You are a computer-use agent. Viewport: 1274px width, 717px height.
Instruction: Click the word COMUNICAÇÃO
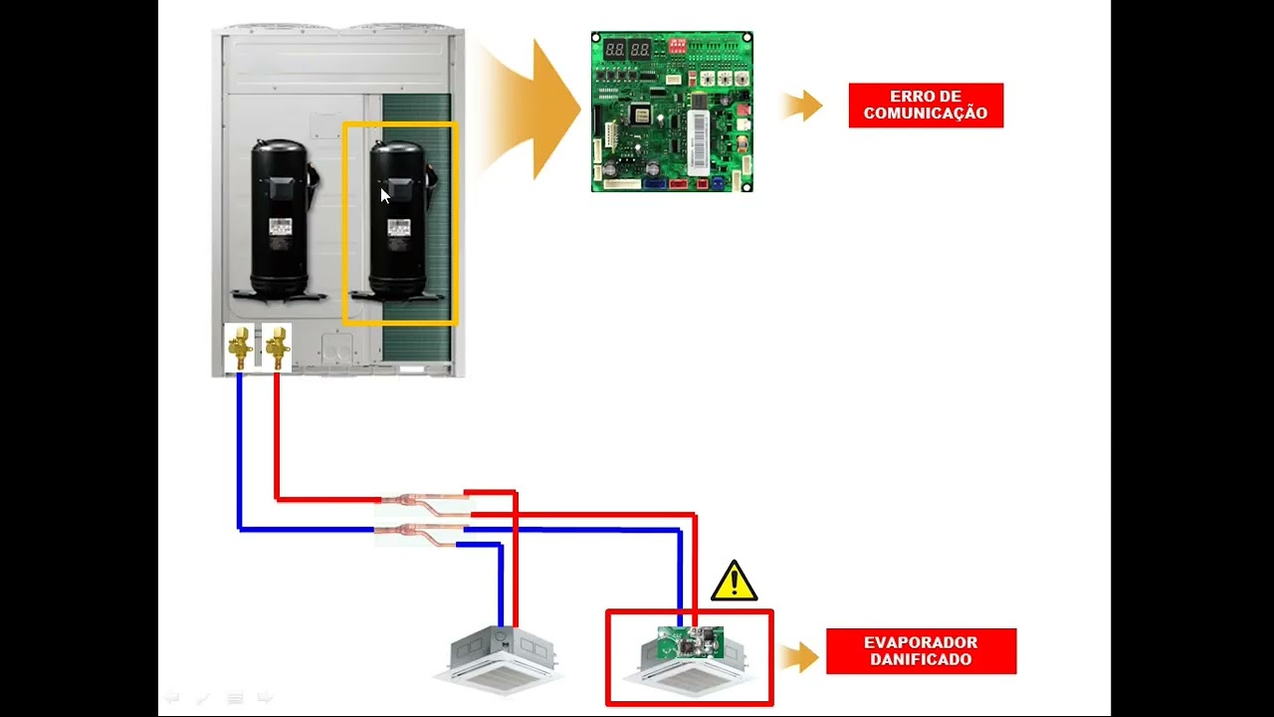926,113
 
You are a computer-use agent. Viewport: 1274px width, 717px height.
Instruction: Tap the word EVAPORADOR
921,642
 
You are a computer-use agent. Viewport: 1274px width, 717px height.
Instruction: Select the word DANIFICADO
921,659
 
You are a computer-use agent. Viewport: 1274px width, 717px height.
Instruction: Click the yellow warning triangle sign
735,581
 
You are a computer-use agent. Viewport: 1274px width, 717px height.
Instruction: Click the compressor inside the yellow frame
398,221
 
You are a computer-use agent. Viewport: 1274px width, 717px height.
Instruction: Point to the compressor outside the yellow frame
280,221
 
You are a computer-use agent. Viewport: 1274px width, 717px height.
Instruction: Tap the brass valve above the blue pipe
240,348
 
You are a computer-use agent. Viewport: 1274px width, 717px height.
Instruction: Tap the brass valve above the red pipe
277,348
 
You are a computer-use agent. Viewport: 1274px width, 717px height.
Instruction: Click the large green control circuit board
672,112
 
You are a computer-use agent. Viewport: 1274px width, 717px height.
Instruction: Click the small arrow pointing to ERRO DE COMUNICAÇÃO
802,106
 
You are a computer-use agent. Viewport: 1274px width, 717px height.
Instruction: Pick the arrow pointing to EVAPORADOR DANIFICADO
798,656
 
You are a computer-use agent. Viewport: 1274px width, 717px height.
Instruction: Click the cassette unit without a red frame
500,660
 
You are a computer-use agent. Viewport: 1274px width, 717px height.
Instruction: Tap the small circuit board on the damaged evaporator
691,642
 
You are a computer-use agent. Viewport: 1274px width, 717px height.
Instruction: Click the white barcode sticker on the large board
699,142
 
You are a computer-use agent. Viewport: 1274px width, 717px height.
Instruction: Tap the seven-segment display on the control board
627,49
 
